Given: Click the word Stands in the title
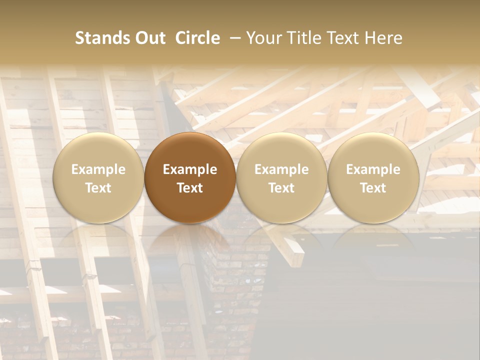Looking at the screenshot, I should (102, 38).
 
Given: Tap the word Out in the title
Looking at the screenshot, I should (149, 38).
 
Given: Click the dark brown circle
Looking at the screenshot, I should (190, 177).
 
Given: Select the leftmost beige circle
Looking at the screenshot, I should (98, 177).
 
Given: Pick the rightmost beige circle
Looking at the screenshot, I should (373, 177).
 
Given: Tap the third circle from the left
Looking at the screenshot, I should (281, 177).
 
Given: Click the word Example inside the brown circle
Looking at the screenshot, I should (190, 169).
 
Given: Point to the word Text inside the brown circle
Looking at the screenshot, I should (190, 188).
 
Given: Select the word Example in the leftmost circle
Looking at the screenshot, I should (98, 169).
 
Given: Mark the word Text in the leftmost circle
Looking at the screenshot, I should (98, 188).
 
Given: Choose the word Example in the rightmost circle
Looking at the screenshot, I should (373, 169).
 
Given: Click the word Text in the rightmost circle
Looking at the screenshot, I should (373, 188).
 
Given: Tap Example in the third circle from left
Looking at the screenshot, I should (281, 169).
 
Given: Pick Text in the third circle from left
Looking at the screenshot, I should (281, 188).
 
